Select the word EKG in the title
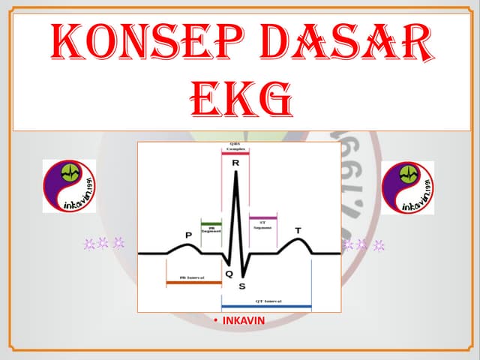click(239, 99)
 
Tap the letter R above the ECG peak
click(235, 162)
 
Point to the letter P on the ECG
click(188, 235)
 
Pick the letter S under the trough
click(241, 286)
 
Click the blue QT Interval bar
click(266, 306)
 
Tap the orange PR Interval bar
click(193, 283)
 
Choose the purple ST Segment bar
click(262, 217)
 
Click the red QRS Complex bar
click(235, 152)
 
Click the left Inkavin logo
click(69, 186)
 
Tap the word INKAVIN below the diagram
click(244, 322)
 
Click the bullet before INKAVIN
click(215, 322)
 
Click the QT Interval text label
click(266, 300)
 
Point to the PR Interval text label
click(193, 277)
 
